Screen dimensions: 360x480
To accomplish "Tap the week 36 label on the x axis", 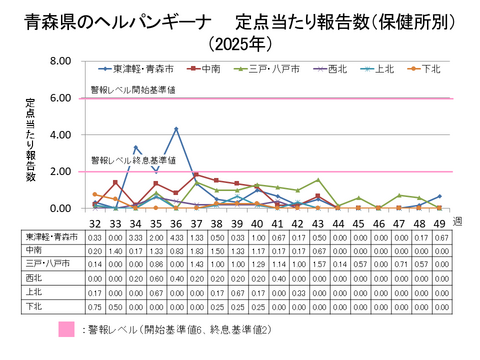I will point(176,221).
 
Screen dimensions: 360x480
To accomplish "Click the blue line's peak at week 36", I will point(176,129).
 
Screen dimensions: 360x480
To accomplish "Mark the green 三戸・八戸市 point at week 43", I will point(317,180).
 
